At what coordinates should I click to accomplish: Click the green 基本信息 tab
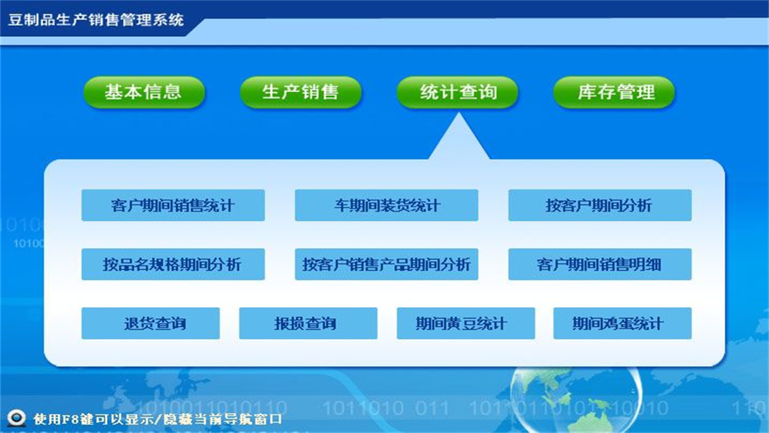[x=144, y=92]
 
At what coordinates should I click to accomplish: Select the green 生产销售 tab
[x=300, y=92]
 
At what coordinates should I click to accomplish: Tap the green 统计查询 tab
[x=458, y=92]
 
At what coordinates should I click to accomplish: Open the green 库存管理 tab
[x=614, y=92]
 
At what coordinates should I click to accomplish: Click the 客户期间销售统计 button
[x=173, y=205]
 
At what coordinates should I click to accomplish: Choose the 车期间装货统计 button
[x=386, y=205]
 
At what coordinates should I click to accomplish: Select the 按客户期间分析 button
[x=600, y=205]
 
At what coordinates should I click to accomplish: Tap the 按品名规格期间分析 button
[x=173, y=264]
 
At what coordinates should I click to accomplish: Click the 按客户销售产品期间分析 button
[x=386, y=264]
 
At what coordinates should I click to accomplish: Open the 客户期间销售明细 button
[x=600, y=264]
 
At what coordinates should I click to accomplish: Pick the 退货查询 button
[x=151, y=323]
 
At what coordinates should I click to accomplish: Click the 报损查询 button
[x=308, y=323]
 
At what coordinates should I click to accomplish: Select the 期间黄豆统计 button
[x=466, y=323]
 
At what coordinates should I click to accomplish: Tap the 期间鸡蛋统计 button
[x=622, y=323]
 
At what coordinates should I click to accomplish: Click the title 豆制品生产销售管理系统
[x=96, y=20]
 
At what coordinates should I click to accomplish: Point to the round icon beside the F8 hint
[x=16, y=417]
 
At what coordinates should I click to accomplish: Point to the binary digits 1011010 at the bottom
[x=363, y=408]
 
